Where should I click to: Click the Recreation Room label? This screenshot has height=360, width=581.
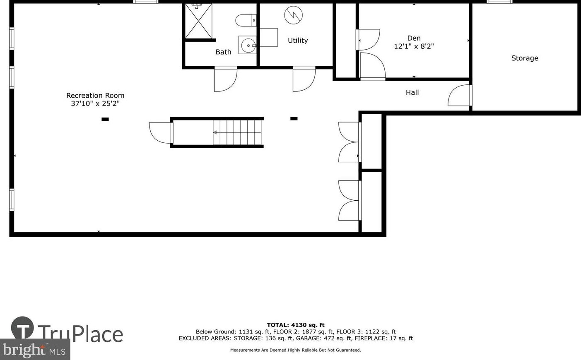coord(95,96)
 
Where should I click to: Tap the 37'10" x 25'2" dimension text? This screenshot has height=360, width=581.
coord(95,104)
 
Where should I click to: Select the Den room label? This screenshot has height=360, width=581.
coord(414,38)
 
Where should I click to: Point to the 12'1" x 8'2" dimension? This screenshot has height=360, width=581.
coord(414,46)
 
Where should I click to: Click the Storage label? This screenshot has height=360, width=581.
coord(524,58)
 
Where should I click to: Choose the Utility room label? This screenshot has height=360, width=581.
coord(298,41)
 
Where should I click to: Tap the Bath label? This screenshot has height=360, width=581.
coord(223,52)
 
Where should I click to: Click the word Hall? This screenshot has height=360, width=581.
coord(412,93)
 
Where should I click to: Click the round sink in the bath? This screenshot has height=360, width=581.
coord(248,45)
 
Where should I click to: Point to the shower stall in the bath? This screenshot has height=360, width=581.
coord(198,21)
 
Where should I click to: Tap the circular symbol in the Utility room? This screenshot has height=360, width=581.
coord(293,16)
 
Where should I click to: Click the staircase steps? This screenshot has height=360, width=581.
coord(238,132)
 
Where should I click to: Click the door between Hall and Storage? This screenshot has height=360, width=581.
coord(460,96)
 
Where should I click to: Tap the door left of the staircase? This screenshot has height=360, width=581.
coord(160,133)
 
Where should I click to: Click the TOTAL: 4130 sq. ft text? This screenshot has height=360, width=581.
coord(295,325)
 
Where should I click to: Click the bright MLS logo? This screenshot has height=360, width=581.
coord(35,350)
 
